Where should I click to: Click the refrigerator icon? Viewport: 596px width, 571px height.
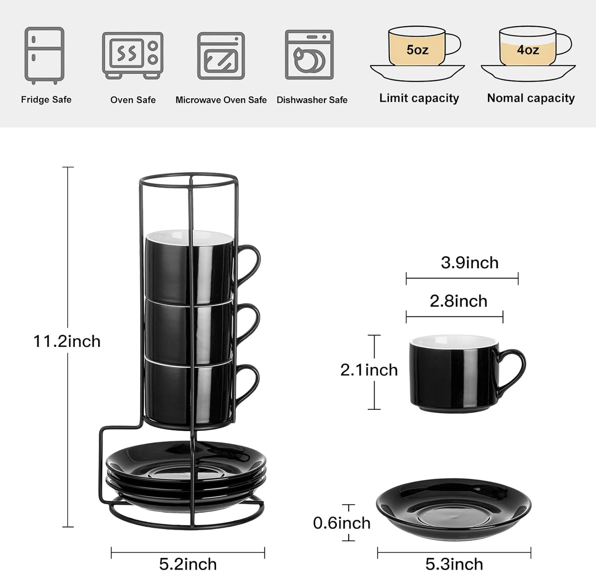point(44,55)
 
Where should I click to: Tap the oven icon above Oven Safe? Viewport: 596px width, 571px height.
point(132,55)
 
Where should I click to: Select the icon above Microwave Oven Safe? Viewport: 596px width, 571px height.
point(221,56)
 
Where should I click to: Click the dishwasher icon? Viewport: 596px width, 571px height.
point(309,54)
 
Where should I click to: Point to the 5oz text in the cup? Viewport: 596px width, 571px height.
point(417,50)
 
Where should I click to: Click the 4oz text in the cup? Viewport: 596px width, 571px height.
point(528,50)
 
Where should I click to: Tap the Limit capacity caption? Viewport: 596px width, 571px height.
point(419,98)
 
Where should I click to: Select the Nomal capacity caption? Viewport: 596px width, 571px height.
point(530,98)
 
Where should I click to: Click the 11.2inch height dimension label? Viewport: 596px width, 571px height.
point(67,342)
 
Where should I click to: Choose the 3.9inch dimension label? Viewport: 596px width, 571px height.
point(469,263)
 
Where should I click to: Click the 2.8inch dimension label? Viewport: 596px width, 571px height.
point(458,301)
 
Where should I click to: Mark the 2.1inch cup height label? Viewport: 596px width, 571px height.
point(369,370)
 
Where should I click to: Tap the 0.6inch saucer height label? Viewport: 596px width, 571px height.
point(342,523)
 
